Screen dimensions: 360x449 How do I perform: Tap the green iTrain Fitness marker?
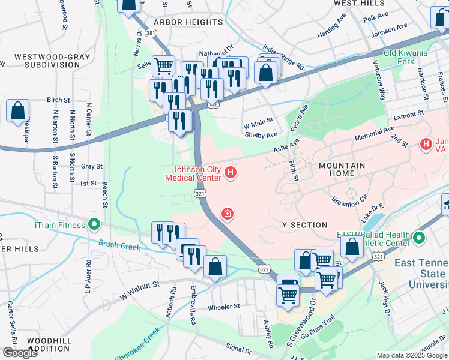[94, 225]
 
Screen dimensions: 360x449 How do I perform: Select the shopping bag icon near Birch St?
[18, 111]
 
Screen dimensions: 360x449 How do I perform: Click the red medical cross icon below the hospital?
[227, 213]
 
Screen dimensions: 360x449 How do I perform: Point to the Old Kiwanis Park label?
[406, 57]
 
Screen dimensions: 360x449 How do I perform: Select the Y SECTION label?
[304, 224]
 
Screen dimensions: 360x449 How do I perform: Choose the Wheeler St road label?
[223, 306]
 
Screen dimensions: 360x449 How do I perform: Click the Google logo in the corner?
[20, 352]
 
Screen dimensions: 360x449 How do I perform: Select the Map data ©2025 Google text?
[412, 355]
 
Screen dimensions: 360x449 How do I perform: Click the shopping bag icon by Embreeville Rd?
[215, 267]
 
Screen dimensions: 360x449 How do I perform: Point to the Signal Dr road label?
[238, 349]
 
